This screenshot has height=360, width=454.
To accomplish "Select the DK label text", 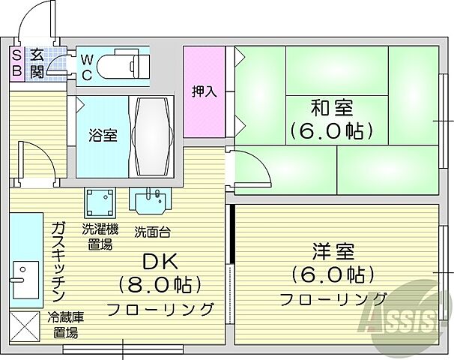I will pos(160,262).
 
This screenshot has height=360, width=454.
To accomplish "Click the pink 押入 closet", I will pos(204,91).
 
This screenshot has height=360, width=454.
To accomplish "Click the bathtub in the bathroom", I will pos(153,135).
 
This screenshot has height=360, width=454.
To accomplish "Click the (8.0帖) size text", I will pos(160,286).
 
